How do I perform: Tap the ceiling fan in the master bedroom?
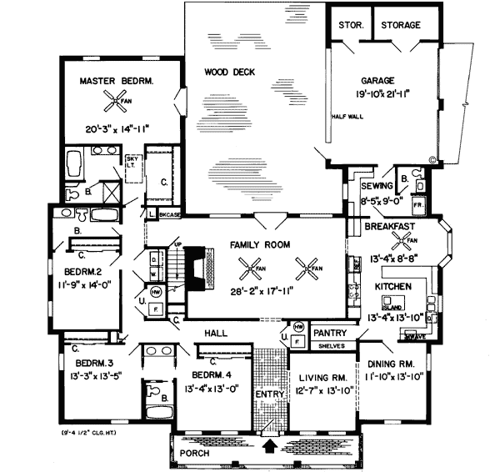point(113,103)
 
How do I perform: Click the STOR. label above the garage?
point(349,26)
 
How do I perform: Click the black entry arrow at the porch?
point(268,447)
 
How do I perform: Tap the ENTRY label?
point(268,393)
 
